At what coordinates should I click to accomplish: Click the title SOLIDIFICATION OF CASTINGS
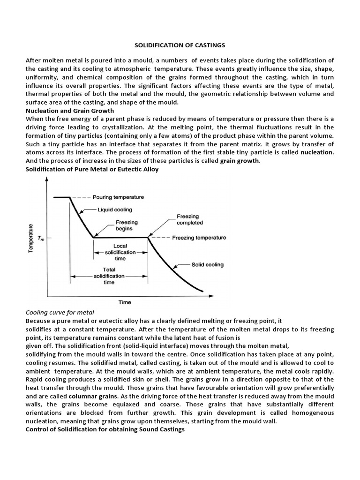(x=180, y=45)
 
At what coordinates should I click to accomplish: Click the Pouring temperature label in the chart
(x=118, y=197)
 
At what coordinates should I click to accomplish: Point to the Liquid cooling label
(x=115, y=210)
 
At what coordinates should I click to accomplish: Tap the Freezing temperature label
(x=199, y=238)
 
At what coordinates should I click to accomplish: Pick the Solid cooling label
(x=208, y=264)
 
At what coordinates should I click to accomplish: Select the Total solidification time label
(x=109, y=276)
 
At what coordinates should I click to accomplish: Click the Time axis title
(x=125, y=302)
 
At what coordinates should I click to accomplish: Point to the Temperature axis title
(x=31, y=239)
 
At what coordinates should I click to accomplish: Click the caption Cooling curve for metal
(x=60, y=312)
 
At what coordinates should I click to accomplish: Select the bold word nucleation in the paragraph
(x=317, y=152)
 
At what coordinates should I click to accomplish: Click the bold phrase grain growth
(x=240, y=161)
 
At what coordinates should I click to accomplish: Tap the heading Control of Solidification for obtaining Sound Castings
(x=105, y=429)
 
